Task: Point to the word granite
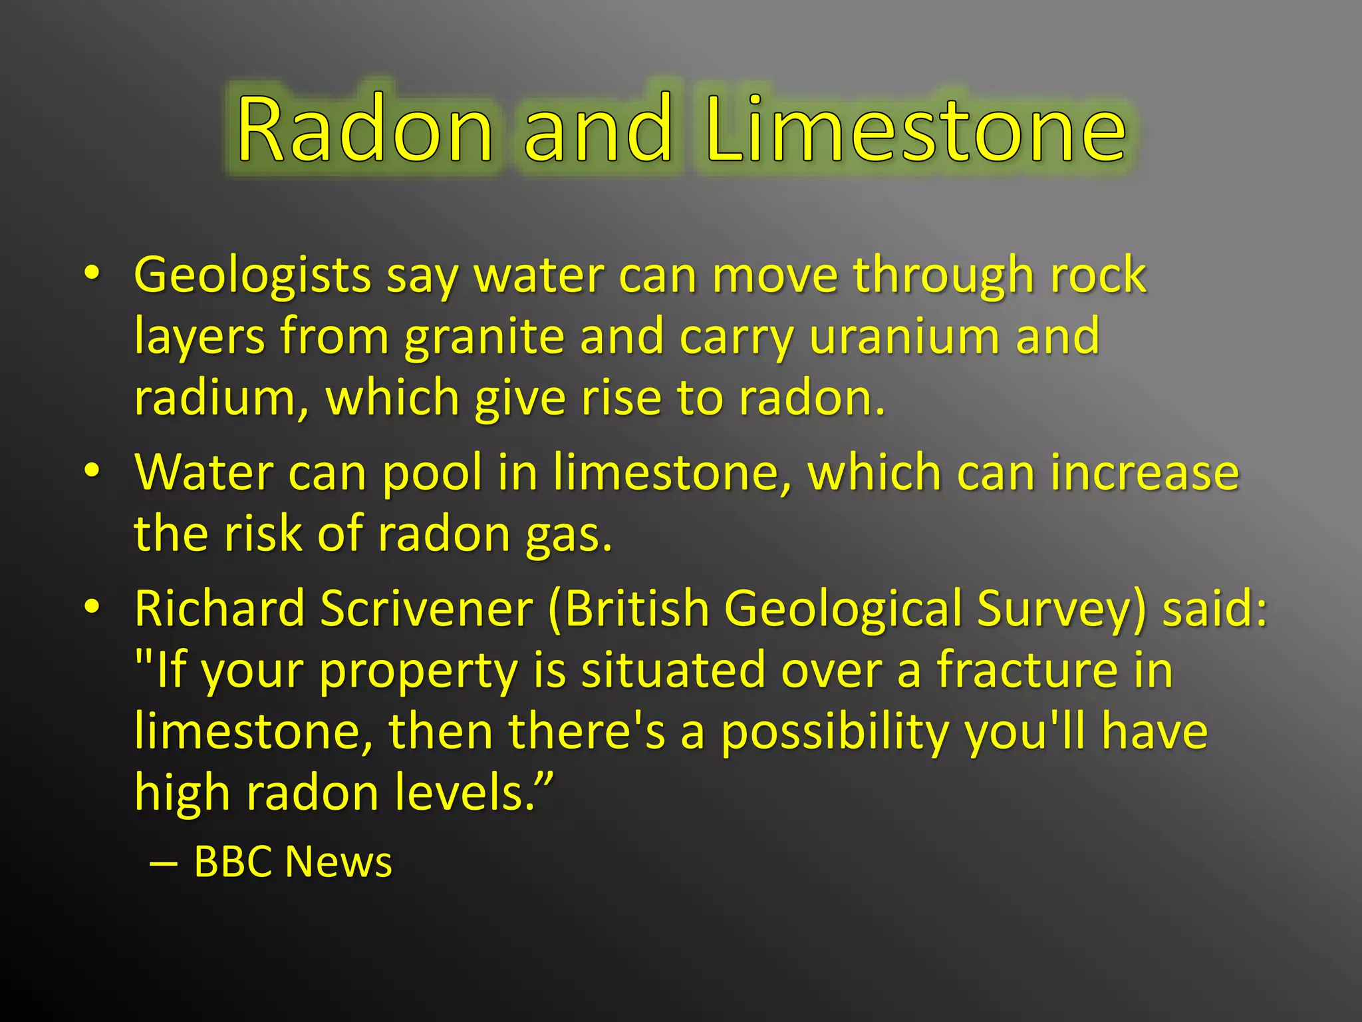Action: (x=485, y=337)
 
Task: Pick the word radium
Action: (x=215, y=398)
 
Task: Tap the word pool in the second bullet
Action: (x=432, y=472)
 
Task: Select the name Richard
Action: (x=219, y=608)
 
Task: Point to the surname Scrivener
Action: (x=427, y=608)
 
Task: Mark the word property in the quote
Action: (x=418, y=671)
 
